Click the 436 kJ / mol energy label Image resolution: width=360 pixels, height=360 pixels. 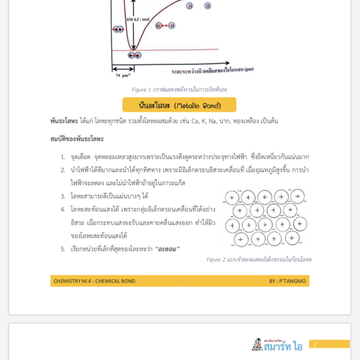(138, 19)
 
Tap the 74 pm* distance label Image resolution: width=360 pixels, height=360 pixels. (123, 75)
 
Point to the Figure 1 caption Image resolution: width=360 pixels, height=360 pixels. (179, 89)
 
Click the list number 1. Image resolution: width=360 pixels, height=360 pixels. (64, 157)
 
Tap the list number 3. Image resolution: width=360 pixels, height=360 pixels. (64, 196)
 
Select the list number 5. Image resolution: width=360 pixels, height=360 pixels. (64, 249)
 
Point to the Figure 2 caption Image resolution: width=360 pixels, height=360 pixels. (258, 259)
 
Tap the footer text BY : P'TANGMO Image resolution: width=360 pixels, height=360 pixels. (286, 281)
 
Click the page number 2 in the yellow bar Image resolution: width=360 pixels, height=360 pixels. (316, 344)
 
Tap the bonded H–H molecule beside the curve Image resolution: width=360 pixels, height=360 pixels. (165, 25)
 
